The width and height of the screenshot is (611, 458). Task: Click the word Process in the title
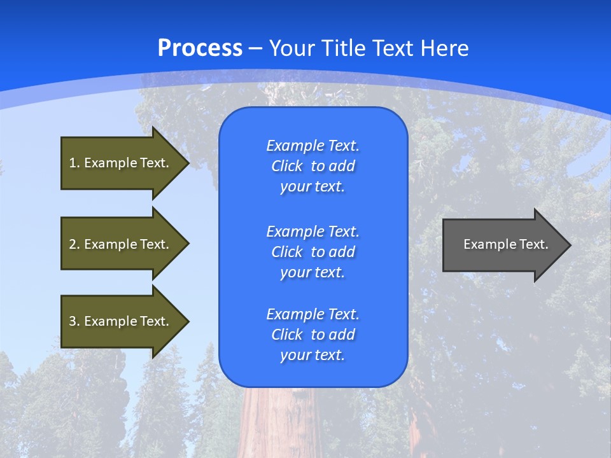(x=200, y=48)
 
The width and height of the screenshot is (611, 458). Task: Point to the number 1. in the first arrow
(x=74, y=163)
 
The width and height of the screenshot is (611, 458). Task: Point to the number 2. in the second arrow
(x=74, y=244)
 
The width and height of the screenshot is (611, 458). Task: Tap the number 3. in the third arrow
(x=74, y=321)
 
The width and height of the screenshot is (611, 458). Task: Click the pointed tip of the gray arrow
(x=568, y=245)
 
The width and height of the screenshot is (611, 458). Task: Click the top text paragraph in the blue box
(x=313, y=166)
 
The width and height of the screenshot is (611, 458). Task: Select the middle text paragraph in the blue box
(x=313, y=251)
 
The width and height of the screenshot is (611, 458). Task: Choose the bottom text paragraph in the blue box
(x=313, y=335)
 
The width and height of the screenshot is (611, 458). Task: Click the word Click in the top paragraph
(x=287, y=166)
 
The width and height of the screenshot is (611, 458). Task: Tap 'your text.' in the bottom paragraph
(x=313, y=355)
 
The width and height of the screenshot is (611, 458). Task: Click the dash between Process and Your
(x=256, y=49)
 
